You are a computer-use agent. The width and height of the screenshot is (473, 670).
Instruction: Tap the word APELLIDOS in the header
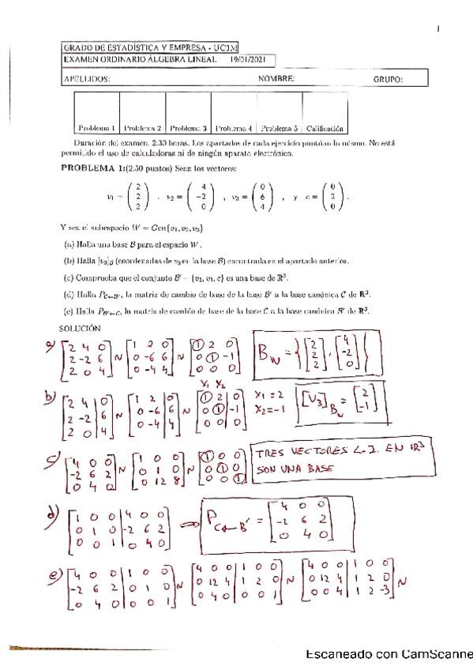tap(85, 79)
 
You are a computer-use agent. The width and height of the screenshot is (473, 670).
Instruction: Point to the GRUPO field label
tap(388, 79)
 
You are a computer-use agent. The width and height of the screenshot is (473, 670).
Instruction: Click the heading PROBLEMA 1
tap(93, 169)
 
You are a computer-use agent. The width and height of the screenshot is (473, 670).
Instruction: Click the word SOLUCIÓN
tap(81, 327)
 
